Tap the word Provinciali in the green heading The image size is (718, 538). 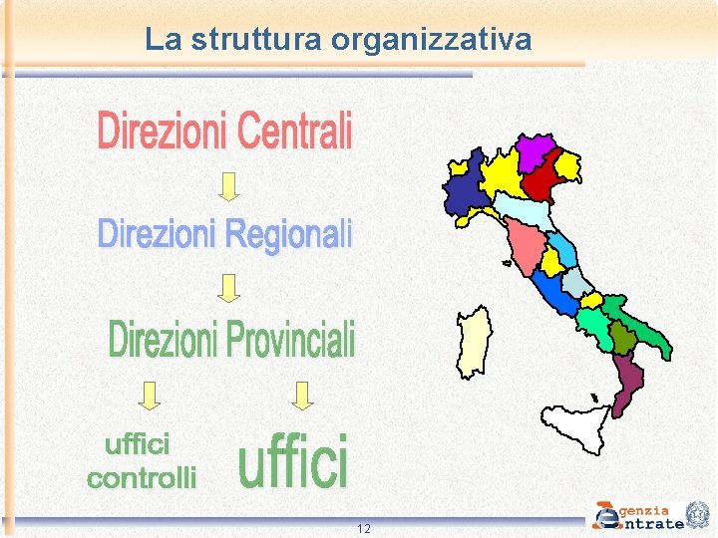coord(290,340)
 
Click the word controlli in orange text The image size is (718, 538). coord(142,478)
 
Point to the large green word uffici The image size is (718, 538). coord(293,461)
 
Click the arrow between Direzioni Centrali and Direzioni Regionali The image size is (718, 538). coord(229,185)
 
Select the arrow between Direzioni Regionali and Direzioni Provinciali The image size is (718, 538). coord(229,288)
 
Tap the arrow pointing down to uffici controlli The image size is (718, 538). coord(150,396)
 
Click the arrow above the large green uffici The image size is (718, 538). coord(303,396)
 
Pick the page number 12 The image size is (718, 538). coord(364,528)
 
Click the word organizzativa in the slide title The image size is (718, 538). coord(431,40)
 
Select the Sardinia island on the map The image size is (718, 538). coord(474,342)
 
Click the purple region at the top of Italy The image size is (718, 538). coord(535,149)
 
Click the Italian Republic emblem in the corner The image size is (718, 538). coord(699,514)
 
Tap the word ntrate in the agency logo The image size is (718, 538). coord(652,523)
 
